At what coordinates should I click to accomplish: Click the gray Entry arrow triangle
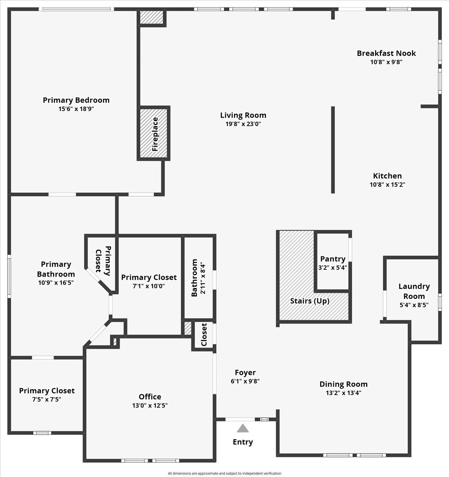pos(243,428)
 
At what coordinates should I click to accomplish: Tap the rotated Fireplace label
pos(155,134)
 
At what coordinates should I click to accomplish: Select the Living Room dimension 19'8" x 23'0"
pos(243,124)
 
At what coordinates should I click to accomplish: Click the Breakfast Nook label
pos(386,53)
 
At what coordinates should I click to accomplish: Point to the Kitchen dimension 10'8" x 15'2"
pos(387,184)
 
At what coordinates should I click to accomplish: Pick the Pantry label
pos(333,259)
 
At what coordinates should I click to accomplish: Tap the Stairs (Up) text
pos(310,301)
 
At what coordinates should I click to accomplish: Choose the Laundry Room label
pos(414,291)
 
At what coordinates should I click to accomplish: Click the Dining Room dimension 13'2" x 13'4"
pos(343,393)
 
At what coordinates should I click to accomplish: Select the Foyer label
pos(245,372)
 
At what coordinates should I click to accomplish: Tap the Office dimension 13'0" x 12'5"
pos(150,405)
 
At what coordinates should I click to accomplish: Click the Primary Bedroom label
pos(76,100)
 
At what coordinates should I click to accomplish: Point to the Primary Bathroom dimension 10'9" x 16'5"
pos(56,283)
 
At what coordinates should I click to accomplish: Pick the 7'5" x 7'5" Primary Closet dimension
pos(46,399)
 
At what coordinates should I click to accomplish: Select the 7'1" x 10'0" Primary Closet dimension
pos(149,286)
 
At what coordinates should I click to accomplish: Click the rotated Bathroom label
pos(195,278)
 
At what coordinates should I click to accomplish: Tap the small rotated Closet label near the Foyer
pos(204,335)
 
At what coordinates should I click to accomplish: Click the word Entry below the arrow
pos(243,442)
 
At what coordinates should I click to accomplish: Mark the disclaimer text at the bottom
pos(224,473)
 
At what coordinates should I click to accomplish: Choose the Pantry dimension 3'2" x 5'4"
pos(333,268)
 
